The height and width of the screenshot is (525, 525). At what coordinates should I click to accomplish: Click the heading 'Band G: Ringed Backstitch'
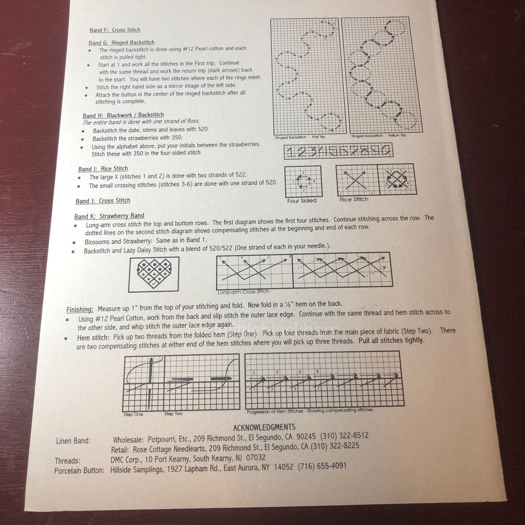pos(122,43)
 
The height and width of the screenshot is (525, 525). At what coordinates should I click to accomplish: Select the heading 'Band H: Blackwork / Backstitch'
pos(123,115)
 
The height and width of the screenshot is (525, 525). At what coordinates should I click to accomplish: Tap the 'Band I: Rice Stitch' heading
pos(103,169)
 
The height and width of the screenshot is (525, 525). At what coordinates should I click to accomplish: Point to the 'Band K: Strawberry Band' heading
pos(109,216)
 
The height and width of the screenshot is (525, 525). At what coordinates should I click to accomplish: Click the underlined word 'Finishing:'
pos(80,310)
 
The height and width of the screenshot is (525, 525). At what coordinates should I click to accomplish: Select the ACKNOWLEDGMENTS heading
pos(264,427)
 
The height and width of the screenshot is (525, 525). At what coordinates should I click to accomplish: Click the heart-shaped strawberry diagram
pos(154,274)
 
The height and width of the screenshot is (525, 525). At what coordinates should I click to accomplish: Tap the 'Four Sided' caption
pos(302,201)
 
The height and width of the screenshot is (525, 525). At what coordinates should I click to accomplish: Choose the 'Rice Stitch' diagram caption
pos(354,199)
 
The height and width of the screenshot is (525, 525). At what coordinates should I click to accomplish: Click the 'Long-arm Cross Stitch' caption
pos(243,291)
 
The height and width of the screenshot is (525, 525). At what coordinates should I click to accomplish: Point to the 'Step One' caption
pos(133,414)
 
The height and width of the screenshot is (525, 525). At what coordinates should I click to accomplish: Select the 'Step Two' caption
pos(173,413)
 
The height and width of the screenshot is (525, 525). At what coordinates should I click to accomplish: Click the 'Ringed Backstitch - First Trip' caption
pos(300,137)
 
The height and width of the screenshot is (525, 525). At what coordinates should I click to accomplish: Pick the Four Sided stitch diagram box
pos(303,181)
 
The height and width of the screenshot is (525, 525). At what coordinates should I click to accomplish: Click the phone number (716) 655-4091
pos(322,466)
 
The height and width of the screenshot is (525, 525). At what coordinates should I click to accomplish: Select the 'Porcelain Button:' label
pos(79,471)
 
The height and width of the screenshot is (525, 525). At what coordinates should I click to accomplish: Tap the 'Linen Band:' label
pos(73,441)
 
